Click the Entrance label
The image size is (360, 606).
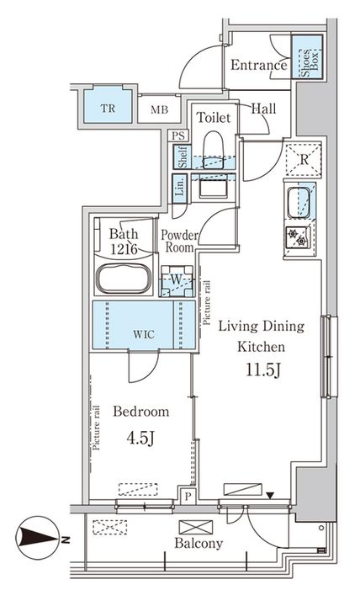click(258, 66)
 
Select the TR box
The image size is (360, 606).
click(109, 109)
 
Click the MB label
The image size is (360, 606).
click(158, 109)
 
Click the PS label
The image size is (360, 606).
click(177, 136)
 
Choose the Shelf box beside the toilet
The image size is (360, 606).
click(180, 157)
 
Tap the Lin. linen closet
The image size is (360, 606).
click(180, 188)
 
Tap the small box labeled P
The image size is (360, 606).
click(187, 497)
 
